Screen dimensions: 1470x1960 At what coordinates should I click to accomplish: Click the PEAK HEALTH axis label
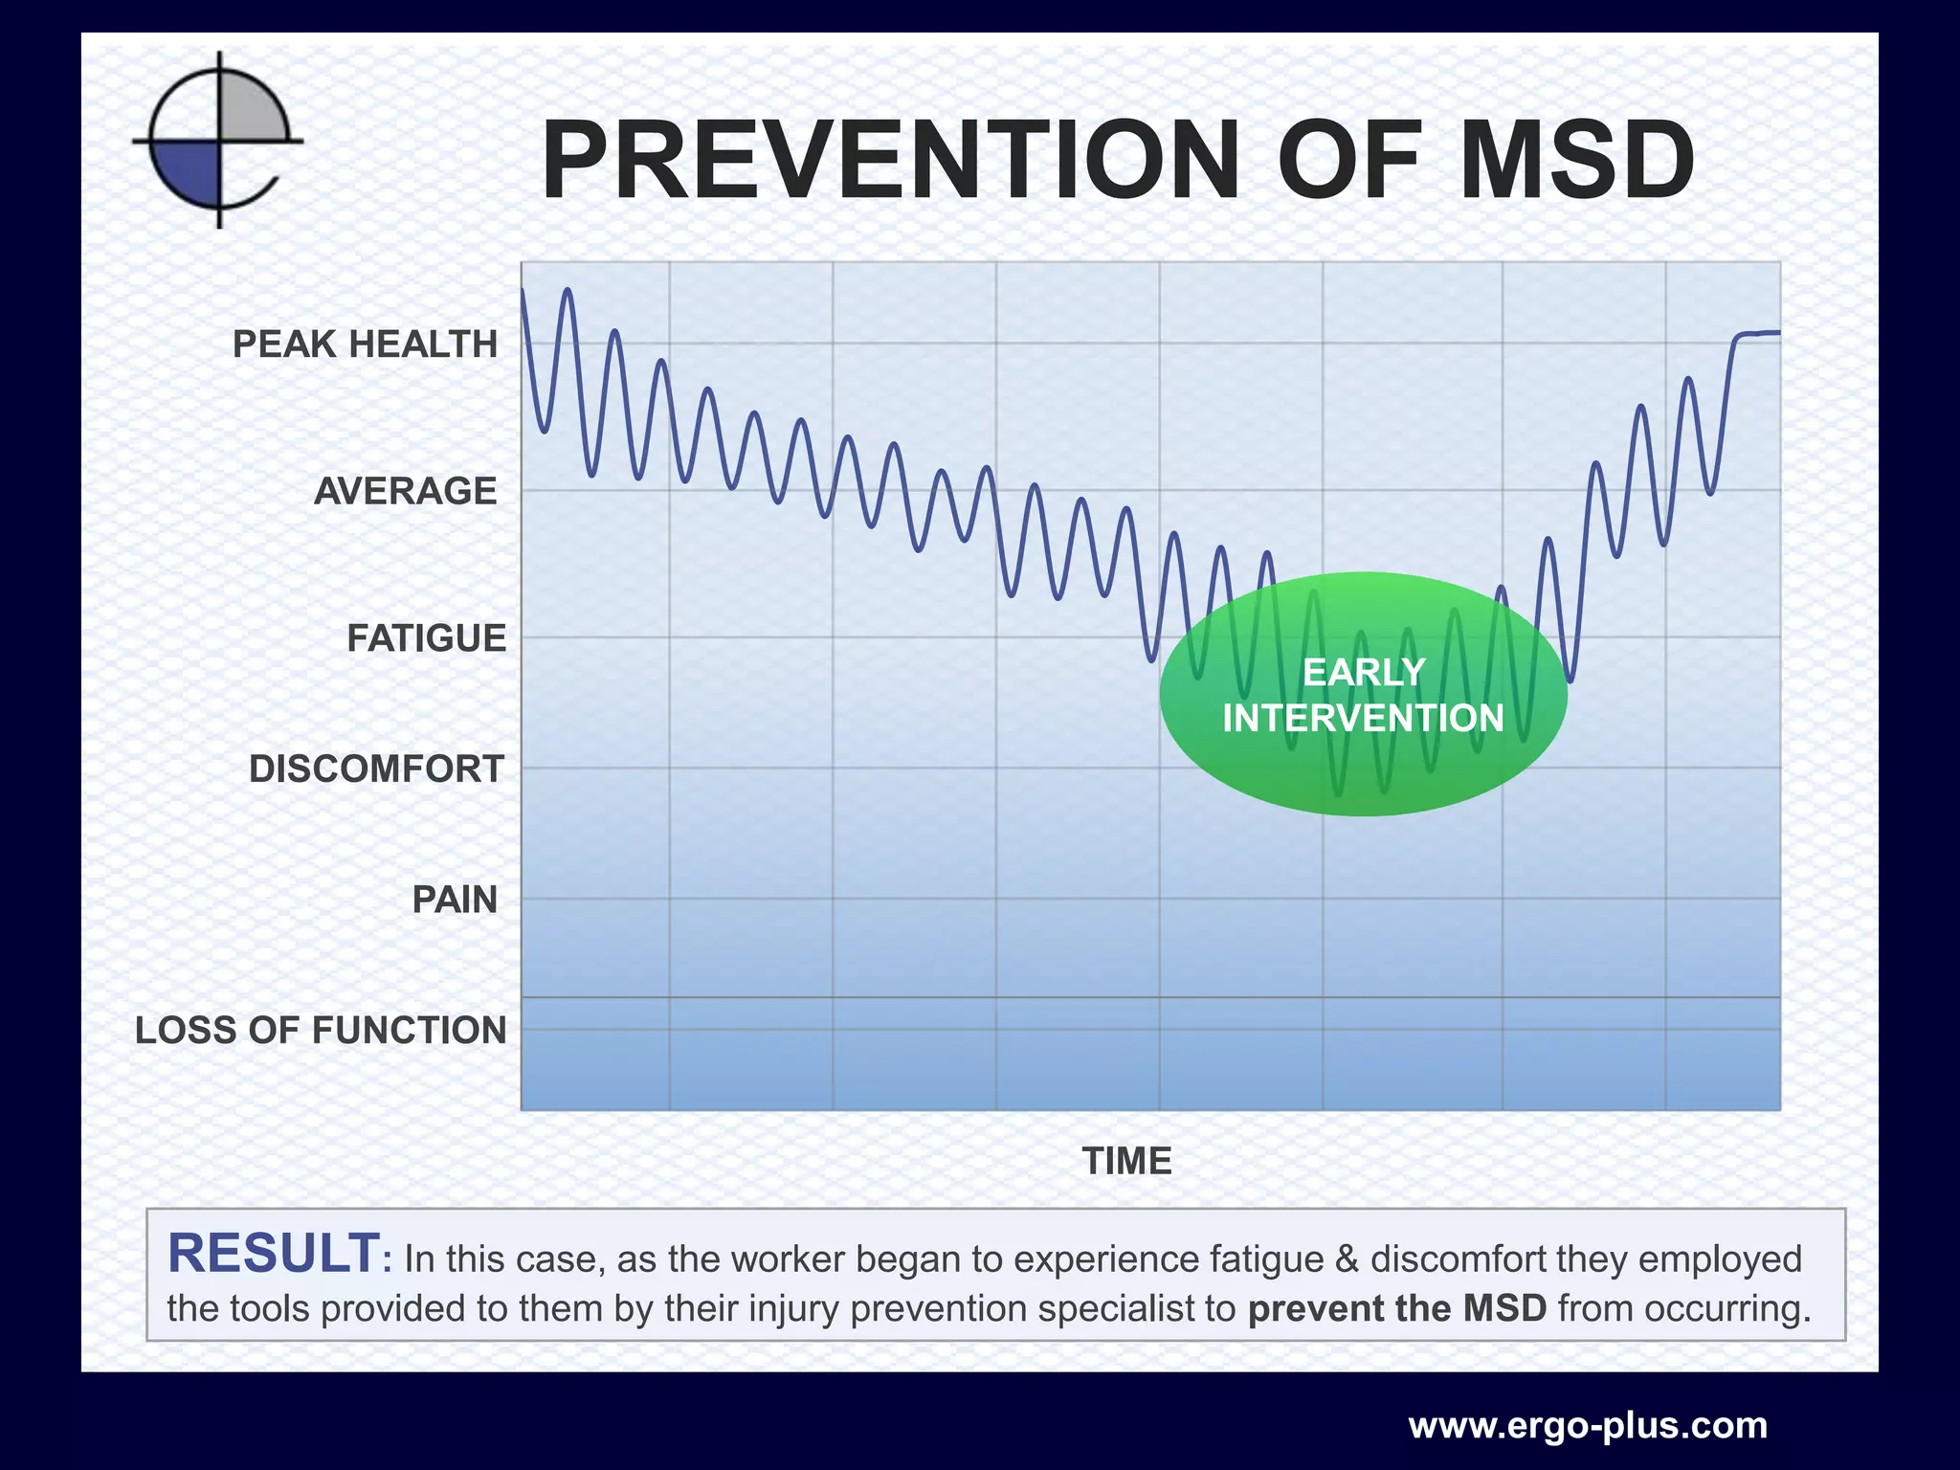point(365,345)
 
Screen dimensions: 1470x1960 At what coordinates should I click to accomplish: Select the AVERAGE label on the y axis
point(405,492)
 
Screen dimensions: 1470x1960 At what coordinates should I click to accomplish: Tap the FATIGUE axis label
point(426,638)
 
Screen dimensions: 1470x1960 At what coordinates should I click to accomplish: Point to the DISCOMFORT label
point(376,769)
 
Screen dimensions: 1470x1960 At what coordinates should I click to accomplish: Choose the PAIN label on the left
point(455,901)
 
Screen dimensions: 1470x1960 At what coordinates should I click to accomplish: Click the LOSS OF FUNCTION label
point(321,1031)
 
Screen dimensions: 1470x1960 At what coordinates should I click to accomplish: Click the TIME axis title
point(1126,1162)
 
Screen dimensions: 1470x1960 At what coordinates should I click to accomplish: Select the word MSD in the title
point(1576,161)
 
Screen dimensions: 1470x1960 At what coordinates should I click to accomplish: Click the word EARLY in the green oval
point(1364,673)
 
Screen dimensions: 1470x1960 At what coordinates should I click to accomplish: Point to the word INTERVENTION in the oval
point(1364,719)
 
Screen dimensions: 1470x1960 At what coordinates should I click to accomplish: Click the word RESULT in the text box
point(274,1254)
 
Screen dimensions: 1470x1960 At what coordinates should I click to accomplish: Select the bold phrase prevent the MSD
point(1397,1308)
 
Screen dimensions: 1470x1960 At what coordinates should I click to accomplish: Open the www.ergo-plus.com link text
point(1588,1426)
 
